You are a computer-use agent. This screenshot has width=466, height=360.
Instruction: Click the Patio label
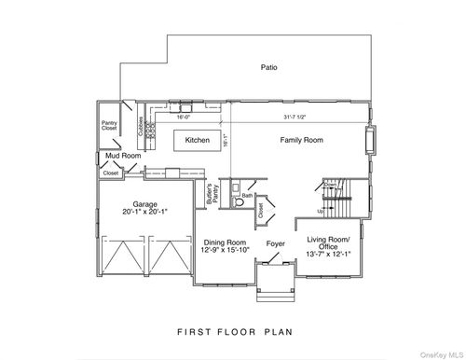[x=270, y=67]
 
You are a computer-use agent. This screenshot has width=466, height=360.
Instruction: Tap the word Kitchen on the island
[x=197, y=140]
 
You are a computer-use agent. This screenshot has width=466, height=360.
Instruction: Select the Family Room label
[x=301, y=140]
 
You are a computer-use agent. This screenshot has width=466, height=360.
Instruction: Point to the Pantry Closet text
[x=108, y=125]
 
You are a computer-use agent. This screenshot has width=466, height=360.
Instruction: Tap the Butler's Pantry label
[x=212, y=194]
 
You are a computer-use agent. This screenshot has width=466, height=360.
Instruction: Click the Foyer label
[x=275, y=244]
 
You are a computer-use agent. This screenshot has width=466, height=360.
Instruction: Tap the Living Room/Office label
[x=327, y=243]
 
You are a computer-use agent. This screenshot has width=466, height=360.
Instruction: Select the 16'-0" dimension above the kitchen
[x=184, y=118]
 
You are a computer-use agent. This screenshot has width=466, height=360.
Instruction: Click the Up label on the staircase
[x=322, y=211]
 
